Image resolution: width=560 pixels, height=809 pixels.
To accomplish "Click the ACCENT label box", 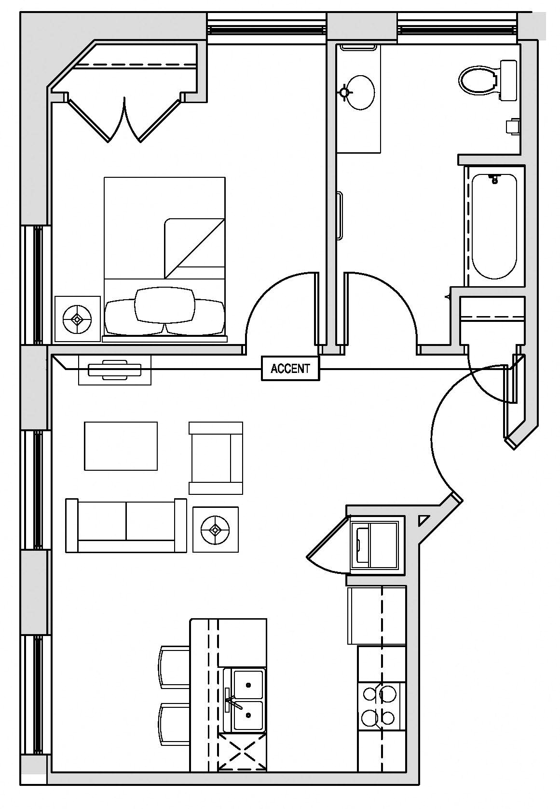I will click(x=290, y=369).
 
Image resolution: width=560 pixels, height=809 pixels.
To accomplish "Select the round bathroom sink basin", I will click(x=360, y=92).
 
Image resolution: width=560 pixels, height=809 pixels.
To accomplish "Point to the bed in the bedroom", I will click(x=164, y=251).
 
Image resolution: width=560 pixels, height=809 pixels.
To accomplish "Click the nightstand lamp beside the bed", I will click(x=78, y=318).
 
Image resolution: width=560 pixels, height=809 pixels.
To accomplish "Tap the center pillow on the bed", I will click(x=164, y=305).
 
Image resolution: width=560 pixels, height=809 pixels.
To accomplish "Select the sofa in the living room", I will click(x=126, y=526).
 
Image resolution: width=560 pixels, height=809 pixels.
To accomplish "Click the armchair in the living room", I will click(x=216, y=458).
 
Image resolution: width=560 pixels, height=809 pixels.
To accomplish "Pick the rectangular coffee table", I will click(x=121, y=446).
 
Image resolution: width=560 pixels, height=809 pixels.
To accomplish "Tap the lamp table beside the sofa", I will click(x=216, y=529).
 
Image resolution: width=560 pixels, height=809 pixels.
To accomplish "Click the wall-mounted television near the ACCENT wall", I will click(x=115, y=370).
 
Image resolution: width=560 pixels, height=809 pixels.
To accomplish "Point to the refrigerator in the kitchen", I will click(x=376, y=615).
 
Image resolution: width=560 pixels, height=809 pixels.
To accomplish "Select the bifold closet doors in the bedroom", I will click(x=124, y=120).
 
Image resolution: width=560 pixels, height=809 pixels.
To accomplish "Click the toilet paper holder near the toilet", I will click(x=512, y=126).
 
